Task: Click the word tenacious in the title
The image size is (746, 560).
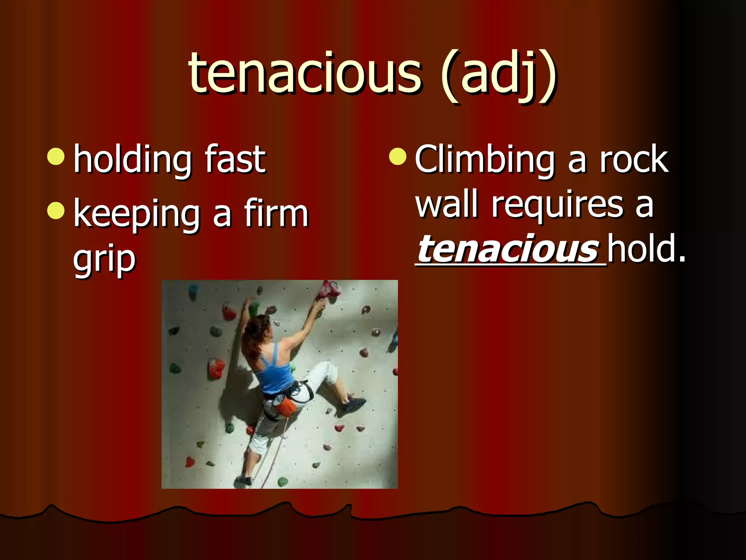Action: click(x=305, y=73)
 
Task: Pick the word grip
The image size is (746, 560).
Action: click(x=104, y=260)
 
